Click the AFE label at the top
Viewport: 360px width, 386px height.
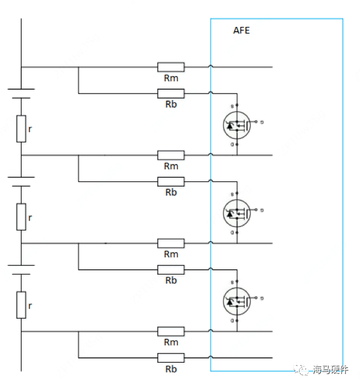[242, 30]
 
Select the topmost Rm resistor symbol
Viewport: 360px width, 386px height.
[171, 67]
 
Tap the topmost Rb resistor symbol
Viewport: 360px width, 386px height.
[171, 93]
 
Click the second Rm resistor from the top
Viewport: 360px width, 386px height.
[171, 155]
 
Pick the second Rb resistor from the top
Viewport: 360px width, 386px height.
[171, 181]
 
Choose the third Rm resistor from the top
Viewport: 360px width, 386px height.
[171, 243]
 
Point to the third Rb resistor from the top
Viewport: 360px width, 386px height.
[171, 269]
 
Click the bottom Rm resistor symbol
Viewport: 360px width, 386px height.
[171, 331]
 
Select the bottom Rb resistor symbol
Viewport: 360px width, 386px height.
[171, 358]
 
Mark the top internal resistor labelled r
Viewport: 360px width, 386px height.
[22, 129]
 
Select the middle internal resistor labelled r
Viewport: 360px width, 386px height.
[22, 217]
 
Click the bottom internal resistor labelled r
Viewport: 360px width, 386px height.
[22, 305]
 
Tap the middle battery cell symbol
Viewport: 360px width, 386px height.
[22, 181]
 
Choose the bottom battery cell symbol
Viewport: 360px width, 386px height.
[22, 269]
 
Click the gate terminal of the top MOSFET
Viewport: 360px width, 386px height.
[257, 121]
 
